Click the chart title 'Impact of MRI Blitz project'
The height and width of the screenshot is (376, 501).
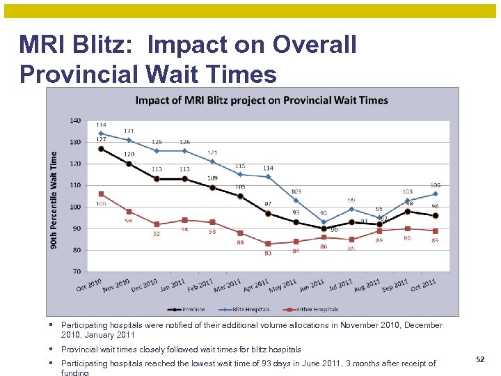pyautogui.click(x=262, y=100)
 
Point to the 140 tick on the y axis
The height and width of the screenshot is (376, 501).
pyautogui.click(x=74, y=120)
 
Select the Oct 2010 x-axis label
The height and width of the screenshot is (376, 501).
pyautogui.click(x=89, y=285)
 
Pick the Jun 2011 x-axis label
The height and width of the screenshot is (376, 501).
pyautogui.click(x=312, y=285)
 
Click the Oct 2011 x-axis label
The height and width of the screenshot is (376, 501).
pyautogui.click(x=424, y=285)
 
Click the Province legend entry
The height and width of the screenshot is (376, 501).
pyautogui.click(x=190, y=309)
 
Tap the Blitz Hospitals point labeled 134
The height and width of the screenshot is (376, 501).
pyautogui.click(x=101, y=133)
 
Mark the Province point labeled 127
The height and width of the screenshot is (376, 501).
pyautogui.click(x=101, y=148)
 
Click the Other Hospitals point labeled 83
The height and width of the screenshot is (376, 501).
pyautogui.click(x=268, y=243)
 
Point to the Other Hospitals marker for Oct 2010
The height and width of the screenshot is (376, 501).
pyautogui.click(x=101, y=194)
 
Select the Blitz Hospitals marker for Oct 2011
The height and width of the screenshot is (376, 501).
pyautogui.click(x=436, y=194)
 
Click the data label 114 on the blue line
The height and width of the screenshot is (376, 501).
pyautogui.click(x=268, y=169)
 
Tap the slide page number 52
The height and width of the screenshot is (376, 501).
pyautogui.click(x=479, y=359)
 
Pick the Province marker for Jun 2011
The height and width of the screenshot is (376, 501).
pyautogui.click(x=324, y=228)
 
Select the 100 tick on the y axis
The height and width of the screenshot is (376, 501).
pyautogui.click(x=74, y=207)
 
